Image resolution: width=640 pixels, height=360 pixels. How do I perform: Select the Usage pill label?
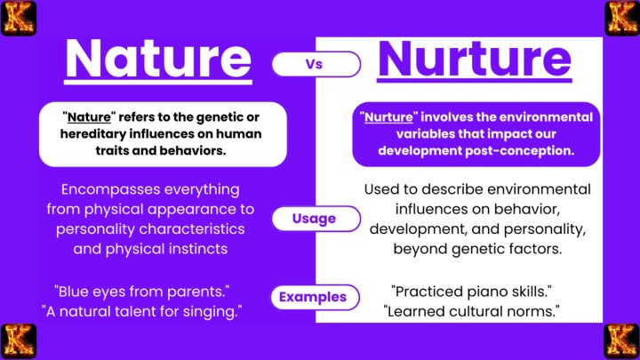tap(316, 218)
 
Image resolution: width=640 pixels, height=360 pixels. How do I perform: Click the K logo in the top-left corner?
tap(17, 17)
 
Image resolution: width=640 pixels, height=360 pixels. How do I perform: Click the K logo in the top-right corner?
tap(621, 17)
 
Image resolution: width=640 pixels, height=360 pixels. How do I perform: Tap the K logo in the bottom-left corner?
tap(17, 341)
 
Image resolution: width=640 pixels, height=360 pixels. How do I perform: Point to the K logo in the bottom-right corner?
tap(621, 341)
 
